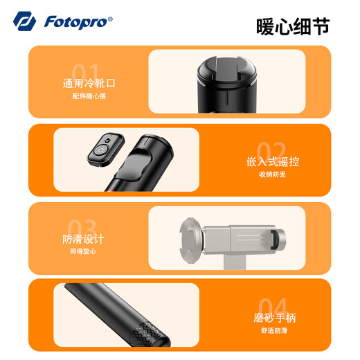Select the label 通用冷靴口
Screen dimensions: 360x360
click(x=89, y=84)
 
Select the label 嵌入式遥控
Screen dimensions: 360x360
click(x=272, y=162)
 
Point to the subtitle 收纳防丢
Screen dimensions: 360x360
click(x=271, y=174)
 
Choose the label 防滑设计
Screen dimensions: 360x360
click(x=83, y=240)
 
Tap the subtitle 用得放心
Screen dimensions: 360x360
click(x=83, y=251)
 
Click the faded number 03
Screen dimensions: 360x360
click(x=82, y=228)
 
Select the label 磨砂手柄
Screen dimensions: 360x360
click(x=274, y=318)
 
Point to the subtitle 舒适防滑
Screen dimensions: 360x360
click(x=274, y=330)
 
